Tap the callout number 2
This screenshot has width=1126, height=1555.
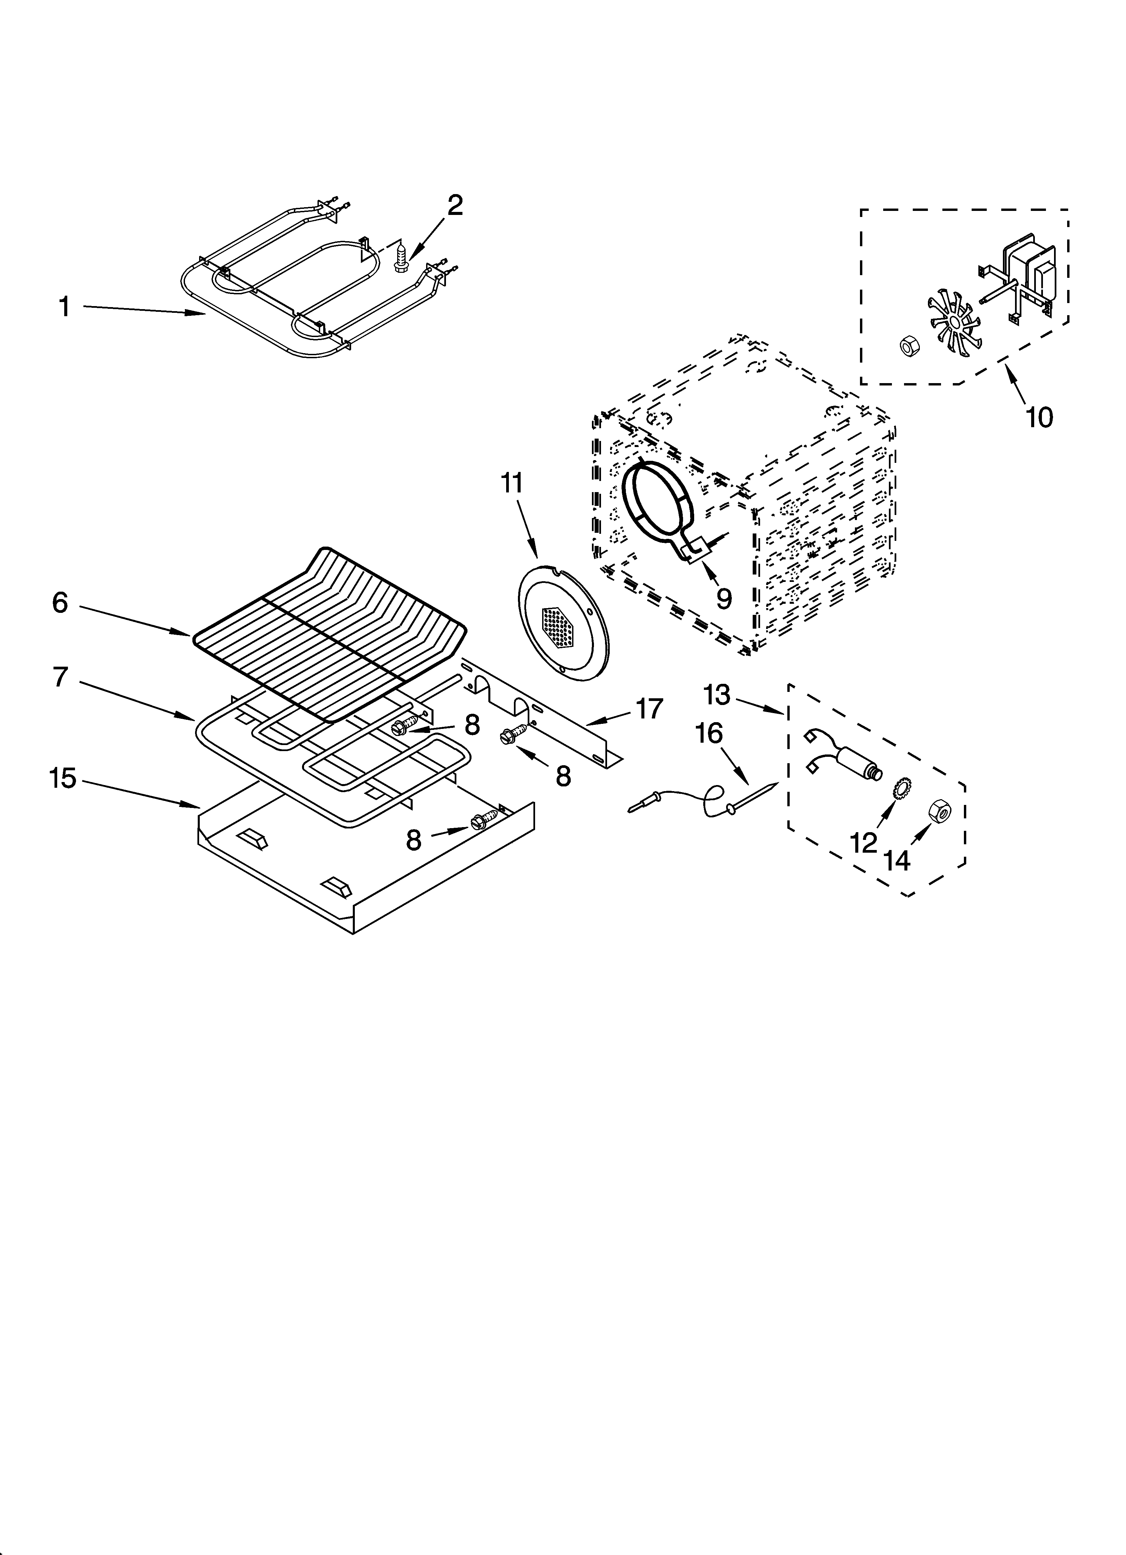[x=455, y=206]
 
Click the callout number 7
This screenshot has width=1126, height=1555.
[x=60, y=677]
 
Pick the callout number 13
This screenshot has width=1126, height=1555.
[x=717, y=695]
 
